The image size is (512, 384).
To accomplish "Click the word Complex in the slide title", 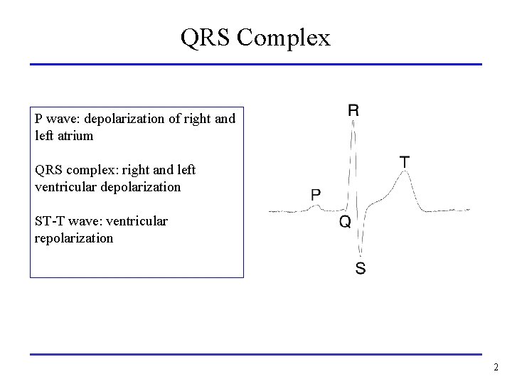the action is click(x=283, y=38).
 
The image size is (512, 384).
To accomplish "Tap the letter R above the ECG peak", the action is click(x=353, y=110).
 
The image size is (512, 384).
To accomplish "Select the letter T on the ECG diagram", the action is click(x=404, y=162).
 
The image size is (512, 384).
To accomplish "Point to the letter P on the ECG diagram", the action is click(x=316, y=194).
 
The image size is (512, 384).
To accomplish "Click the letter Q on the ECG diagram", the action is click(x=344, y=223).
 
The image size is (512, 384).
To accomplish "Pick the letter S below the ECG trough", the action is click(x=361, y=269).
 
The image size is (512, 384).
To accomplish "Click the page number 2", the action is click(x=496, y=368).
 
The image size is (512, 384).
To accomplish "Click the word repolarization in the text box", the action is click(x=74, y=238).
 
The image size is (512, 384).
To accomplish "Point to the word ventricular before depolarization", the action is click(x=62, y=186).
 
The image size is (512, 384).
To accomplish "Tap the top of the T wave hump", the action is click(x=404, y=173).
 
